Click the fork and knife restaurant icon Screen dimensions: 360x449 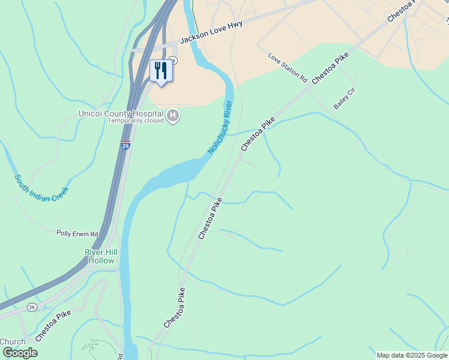point(160,70)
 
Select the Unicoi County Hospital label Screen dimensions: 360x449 point(121,113)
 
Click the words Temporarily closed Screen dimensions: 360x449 point(136,121)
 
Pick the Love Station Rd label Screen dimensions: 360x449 point(288,68)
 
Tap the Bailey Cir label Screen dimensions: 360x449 point(345,97)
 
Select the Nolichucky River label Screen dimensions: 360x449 point(220,126)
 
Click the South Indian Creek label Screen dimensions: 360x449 point(42,188)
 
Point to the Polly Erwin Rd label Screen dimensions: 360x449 point(77,233)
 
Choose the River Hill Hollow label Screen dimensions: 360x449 point(101,256)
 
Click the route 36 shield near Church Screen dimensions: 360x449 point(31,307)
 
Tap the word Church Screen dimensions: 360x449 point(12,341)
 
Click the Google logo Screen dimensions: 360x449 point(20,353)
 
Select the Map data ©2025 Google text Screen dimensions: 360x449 point(412,355)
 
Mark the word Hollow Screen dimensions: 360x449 point(101,260)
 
